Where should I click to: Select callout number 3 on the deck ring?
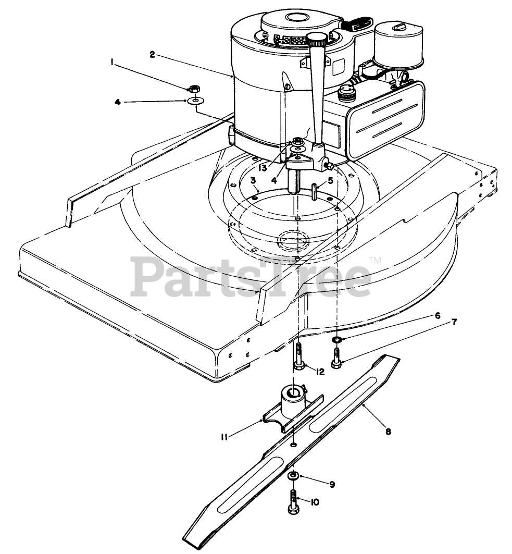coord(252,180)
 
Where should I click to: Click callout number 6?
coord(437,315)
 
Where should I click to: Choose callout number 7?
coord(454,322)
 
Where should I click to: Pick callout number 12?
coord(320,371)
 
